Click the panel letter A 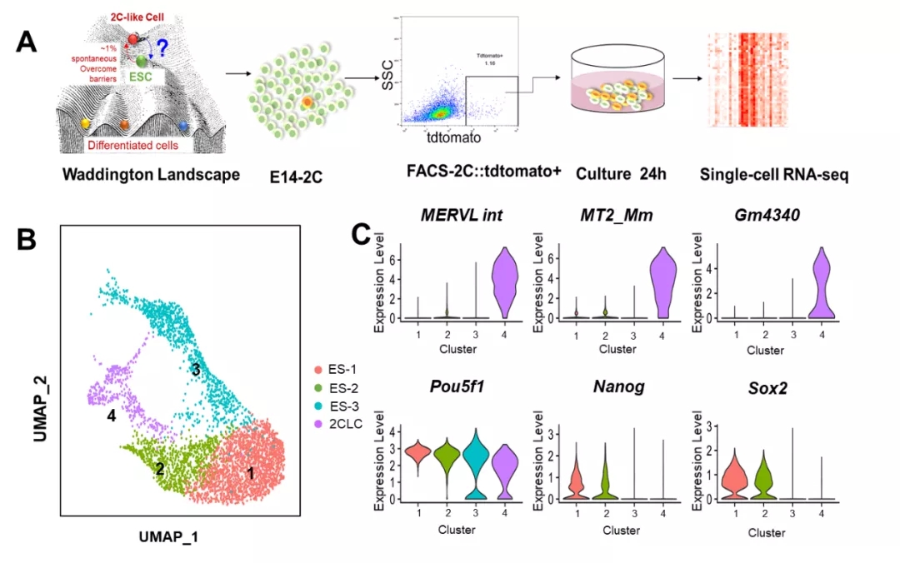27,41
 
